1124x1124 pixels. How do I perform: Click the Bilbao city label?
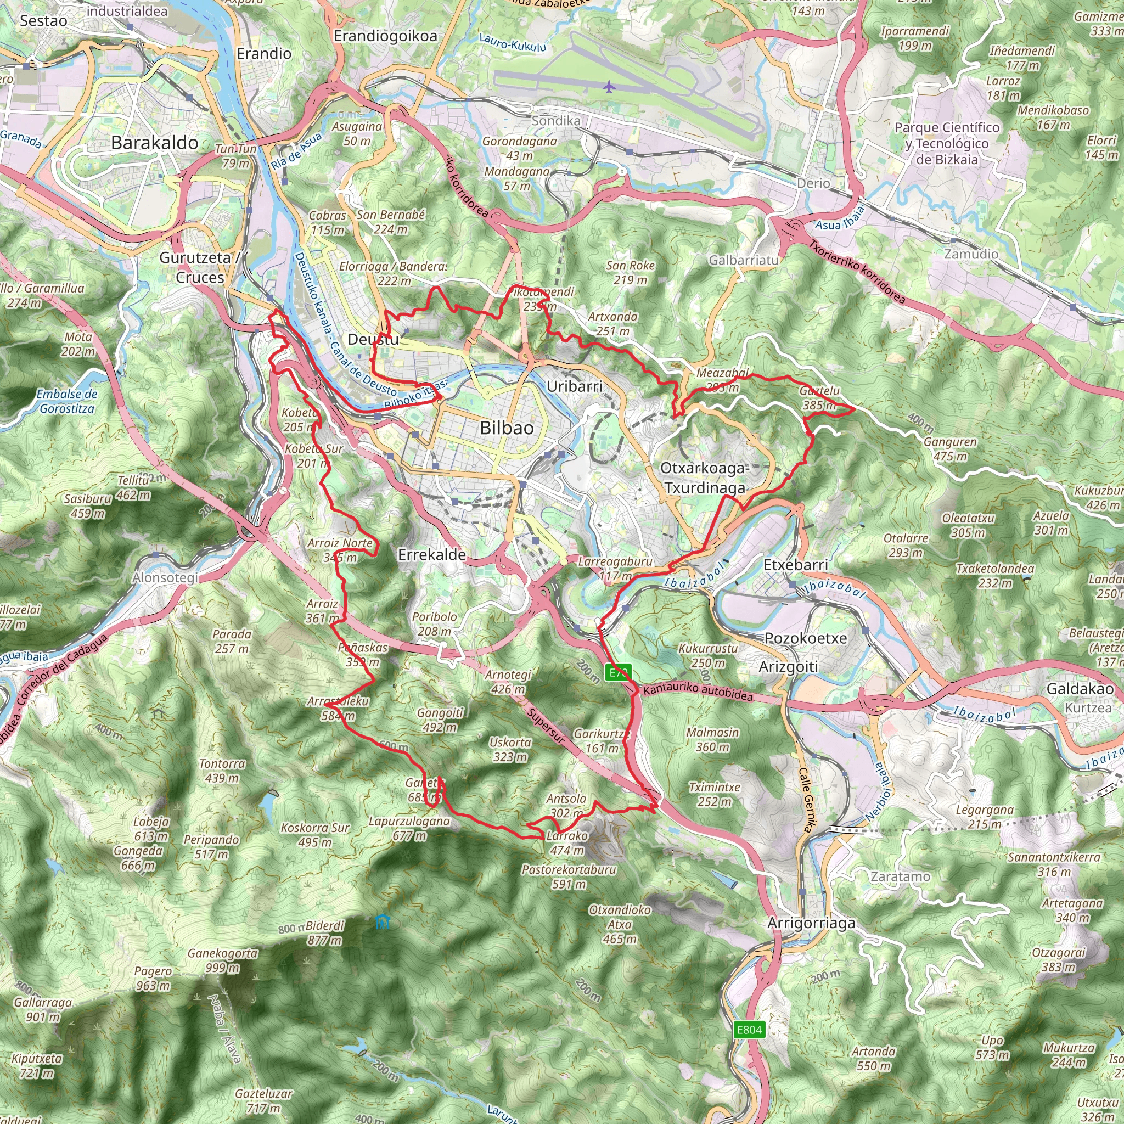[x=506, y=428]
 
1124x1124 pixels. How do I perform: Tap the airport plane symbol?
[x=609, y=87]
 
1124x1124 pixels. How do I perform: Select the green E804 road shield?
[x=749, y=1030]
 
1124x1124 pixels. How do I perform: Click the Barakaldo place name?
[x=155, y=143]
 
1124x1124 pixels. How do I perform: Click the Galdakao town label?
[x=1080, y=689]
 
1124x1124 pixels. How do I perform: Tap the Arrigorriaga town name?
[x=811, y=923]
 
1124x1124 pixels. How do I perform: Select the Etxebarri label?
[x=795, y=565]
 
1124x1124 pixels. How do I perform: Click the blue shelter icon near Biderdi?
[x=381, y=921]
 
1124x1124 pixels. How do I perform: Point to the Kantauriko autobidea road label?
[x=698, y=692]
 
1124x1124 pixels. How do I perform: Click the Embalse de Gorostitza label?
[x=66, y=401]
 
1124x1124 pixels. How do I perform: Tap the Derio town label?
[x=813, y=183]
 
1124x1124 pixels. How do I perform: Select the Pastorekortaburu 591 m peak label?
[x=569, y=876]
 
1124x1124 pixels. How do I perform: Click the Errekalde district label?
[x=432, y=554]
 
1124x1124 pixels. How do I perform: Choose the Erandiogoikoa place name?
[x=385, y=36]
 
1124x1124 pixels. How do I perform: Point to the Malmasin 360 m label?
[x=712, y=739]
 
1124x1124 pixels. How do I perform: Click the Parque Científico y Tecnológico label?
[x=947, y=143]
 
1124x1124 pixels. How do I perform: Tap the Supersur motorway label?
[x=546, y=727]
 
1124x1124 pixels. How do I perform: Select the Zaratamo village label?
[x=900, y=876]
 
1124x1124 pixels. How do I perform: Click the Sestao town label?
[x=44, y=21]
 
